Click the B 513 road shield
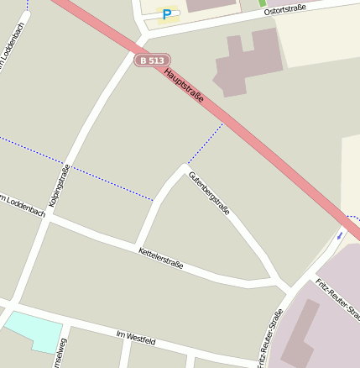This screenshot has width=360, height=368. [x=152, y=60]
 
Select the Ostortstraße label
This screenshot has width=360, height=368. [x=284, y=10]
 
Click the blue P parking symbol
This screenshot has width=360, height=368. [x=167, y=13]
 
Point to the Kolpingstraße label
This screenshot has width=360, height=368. [x=60, y=186]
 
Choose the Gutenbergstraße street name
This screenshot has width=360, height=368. [x=209, y=192]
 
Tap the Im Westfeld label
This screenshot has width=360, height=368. [x=136, y=338]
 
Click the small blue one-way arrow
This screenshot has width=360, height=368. [x=339, y=235]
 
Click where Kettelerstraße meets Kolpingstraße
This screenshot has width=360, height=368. [x=49, y=216]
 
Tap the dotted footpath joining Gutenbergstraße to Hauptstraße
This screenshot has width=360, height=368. [x=204, y=144]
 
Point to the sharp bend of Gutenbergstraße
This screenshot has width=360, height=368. [x=183, y=168]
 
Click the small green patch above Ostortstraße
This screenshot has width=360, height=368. [x=262, y=3]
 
